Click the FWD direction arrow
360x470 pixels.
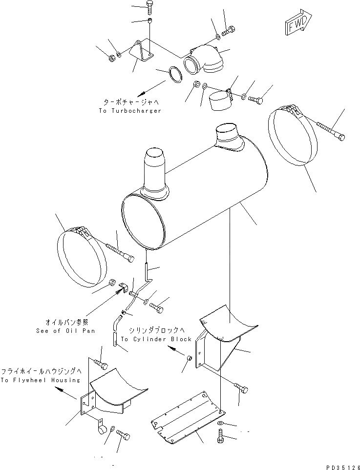coord(295,23)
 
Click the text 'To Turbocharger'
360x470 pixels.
coord(129,111)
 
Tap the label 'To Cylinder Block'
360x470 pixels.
coord(155,339)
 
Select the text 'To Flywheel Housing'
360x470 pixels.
coord(41,380)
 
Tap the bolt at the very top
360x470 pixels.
coord(150,6)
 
